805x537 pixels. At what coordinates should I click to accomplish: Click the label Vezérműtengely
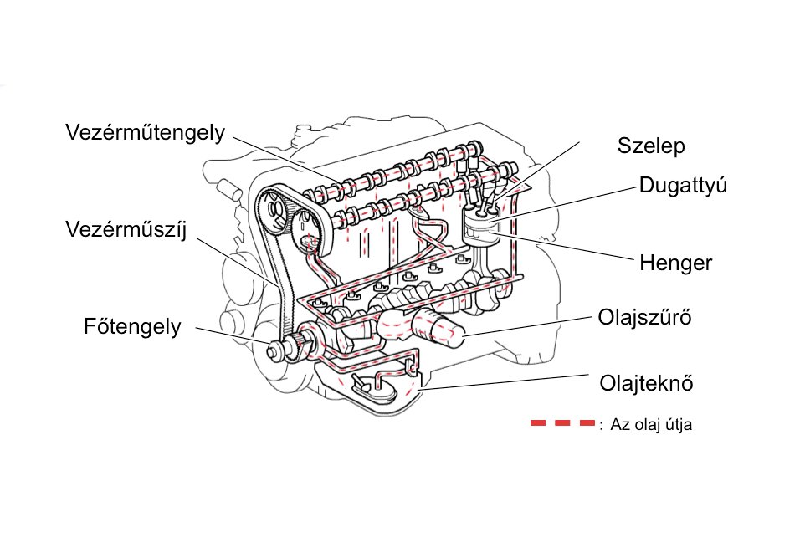click(145, 134)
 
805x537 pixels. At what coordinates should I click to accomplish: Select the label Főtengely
click(132, 326)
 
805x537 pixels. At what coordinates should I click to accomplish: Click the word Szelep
click(651, 146)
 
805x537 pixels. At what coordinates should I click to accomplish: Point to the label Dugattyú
click(682, 186)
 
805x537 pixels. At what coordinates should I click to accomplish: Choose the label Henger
click(675, 263)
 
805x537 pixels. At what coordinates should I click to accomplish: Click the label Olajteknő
click(647, 384)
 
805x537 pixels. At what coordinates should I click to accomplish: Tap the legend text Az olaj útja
click(651, 425)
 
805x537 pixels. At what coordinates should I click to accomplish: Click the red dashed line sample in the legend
click(561, 423)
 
